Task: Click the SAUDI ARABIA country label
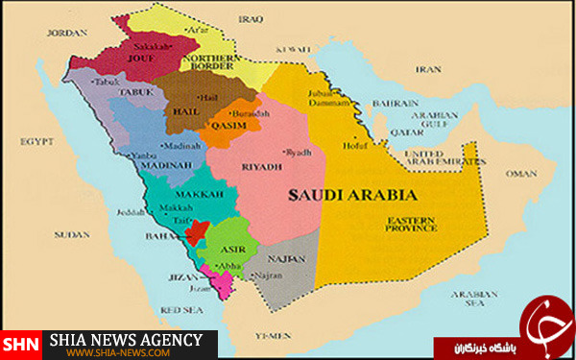339,193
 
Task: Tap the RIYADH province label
261,166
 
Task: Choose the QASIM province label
228,125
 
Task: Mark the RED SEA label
180,310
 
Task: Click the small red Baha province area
196,231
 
